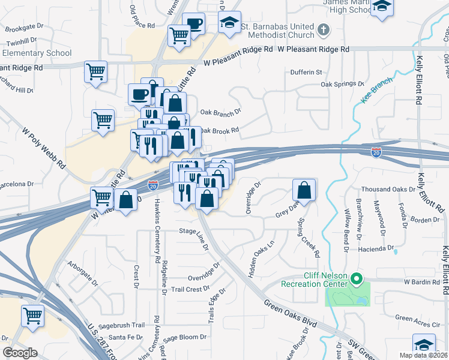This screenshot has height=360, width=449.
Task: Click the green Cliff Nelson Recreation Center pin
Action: coord(356,278)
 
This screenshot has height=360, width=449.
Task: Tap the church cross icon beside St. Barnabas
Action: coord(323,29)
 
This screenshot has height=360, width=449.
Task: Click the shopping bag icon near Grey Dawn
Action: coord(304,191)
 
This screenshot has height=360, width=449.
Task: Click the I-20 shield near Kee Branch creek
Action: coord(376,153)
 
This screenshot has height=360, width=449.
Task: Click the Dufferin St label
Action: coord(307,72)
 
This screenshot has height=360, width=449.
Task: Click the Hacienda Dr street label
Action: coord(376,247)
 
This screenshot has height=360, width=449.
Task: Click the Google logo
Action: coord(20,353)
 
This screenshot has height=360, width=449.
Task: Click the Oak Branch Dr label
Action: coord(220,112)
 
